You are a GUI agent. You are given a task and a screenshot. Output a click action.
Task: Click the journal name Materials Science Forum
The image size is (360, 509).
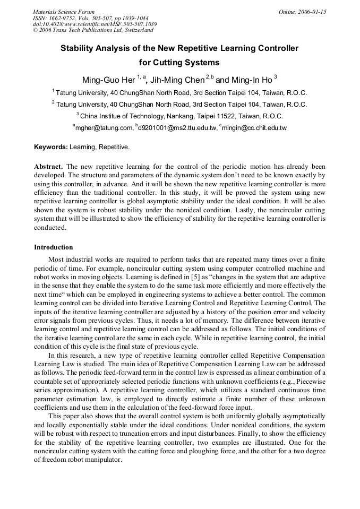point(64,12)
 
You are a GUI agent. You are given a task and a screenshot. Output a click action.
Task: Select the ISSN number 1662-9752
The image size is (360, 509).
point(66,18)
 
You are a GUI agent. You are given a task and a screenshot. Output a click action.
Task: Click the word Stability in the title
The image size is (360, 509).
point(78,48)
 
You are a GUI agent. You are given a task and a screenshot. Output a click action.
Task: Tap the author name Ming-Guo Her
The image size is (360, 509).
point(108,81)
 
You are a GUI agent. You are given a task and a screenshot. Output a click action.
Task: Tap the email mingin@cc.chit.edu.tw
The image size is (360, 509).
point(254,128)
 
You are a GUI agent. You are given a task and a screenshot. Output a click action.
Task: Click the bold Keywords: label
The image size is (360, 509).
point(51,146)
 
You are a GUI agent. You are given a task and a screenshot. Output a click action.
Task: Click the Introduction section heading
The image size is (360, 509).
point(54,247)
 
